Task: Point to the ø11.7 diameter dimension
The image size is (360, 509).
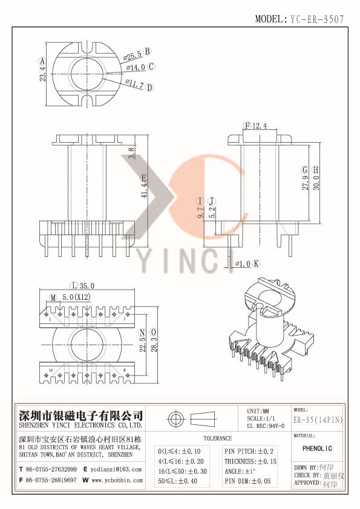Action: (135, 85)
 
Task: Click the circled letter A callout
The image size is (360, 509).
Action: (42, 61)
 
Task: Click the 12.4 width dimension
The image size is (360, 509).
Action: (259, 126)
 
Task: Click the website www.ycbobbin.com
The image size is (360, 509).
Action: (118, 480)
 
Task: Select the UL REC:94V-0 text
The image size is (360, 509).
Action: (267, 426)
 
